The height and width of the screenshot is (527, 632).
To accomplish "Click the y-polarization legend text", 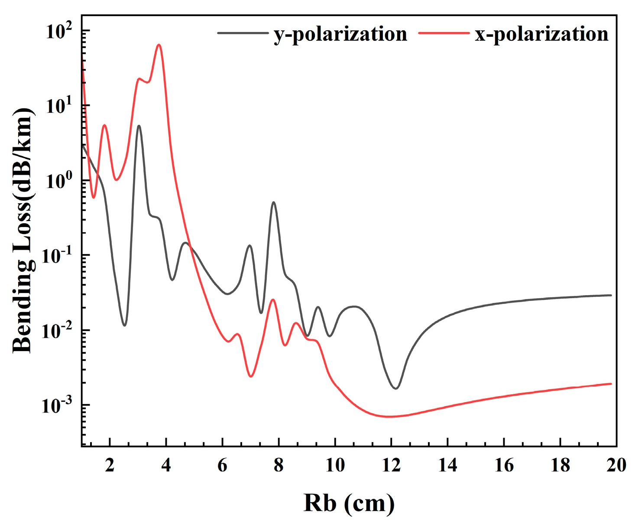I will pos(340,34).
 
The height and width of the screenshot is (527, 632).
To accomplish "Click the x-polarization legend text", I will pos(541,34).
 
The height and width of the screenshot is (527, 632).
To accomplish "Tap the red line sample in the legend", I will pos(444,33).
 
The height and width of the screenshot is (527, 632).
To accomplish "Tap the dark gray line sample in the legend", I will pos(243,33).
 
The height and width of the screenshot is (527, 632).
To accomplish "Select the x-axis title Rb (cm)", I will pos(349,503).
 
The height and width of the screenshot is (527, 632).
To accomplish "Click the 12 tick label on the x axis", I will pos(391,465).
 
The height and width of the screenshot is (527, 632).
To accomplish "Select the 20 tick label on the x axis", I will pos(616,465).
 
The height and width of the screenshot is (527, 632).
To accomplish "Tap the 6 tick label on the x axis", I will pos(222,465).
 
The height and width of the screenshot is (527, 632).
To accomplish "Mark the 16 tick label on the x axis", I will pos(504,465).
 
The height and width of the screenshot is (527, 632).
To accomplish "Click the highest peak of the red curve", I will pos(159,45).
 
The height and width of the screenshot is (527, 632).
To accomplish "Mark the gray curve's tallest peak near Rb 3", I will pos(139,126).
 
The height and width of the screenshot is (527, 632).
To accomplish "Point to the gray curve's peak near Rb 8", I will pos(273,202).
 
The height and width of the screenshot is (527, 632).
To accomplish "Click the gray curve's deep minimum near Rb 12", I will pos(396,388).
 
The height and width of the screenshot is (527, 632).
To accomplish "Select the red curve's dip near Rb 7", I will pos(251,376).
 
